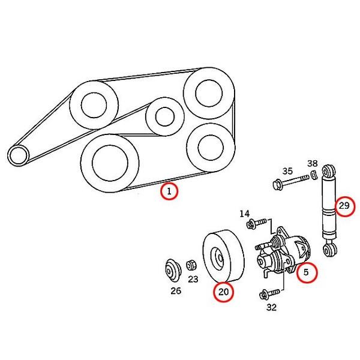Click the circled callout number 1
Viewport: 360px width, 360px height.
coord(169,191)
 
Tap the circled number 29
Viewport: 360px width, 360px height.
coord(344,206)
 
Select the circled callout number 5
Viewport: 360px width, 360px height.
coord(307,272)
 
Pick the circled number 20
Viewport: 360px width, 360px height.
coord(224,292)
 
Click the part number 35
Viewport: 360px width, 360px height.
coord(287,171)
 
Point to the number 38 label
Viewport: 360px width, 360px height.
coord(313,163)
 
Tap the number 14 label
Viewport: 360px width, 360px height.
coord(245,214)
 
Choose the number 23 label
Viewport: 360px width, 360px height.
coord(193,279)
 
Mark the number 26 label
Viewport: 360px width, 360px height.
coord(176,291)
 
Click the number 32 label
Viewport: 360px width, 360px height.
coord(272,307)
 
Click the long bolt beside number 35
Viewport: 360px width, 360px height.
coord(290,181)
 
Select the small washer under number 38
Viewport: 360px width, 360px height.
coord(314,175)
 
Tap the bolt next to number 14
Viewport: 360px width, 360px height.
coord(257,224)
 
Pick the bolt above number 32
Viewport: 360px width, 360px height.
coord(270,294)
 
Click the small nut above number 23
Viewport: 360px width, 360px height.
coord(191,265)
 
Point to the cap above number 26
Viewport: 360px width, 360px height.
coord(173,271)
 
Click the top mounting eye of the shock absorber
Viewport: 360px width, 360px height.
coord(329,171)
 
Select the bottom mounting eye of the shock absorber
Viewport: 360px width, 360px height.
coord(330,250)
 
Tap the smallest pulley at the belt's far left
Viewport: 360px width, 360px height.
coord(19,155)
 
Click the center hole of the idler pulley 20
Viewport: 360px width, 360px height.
coord(220,258)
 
